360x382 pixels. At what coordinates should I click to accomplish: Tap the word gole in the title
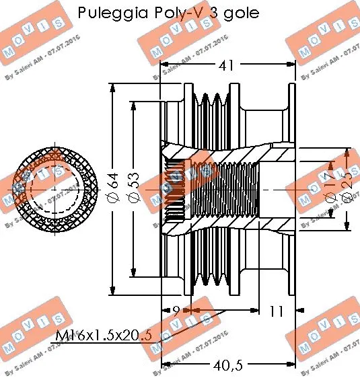coord(240,14)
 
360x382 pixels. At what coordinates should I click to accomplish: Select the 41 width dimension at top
coord(228,67)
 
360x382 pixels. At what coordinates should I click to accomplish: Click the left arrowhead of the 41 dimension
coord(163,67)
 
